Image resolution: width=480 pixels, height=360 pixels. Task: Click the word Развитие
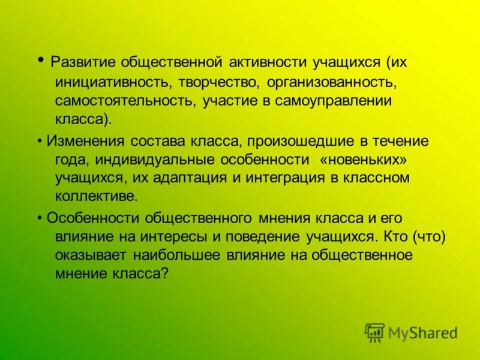[x=83, y=62]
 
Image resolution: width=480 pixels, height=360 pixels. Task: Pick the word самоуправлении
[x=334, y=100]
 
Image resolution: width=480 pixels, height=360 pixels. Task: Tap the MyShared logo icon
[x=374, y=332]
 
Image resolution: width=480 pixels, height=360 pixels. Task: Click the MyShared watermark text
[x=422, y=332]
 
